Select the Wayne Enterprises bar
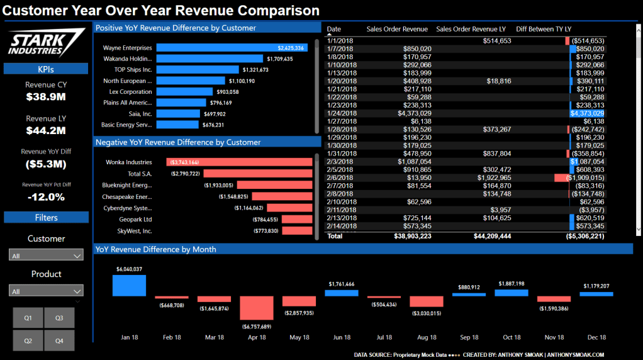click(x=231, y=48)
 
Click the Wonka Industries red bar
click(x=239, y=162)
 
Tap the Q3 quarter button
click(x=59, y=318)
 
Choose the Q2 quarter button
click(x=28, y=340)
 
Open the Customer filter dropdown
click(x=47, y=256)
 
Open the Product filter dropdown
click(x=47, y=291)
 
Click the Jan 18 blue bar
click(x=129, y=285)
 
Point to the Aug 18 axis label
click(x=427, y=337)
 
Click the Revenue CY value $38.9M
click(x=46, y=97)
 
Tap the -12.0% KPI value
click(x=46, y=197)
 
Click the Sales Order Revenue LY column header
click(x=471, y=29)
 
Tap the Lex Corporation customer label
click(x=131, y=92)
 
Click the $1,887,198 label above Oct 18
click(x=511, y=284)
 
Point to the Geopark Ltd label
click(x=135, y=220)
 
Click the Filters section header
click(x=46, y=218)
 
